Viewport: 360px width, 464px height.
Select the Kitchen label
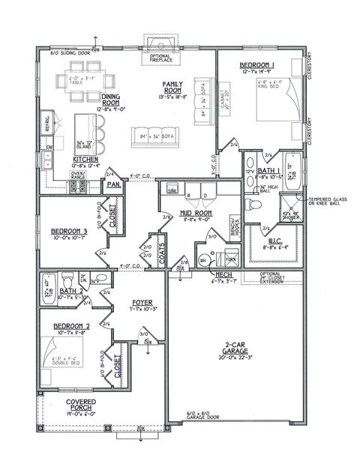pyautogui.click(x=63, y=158)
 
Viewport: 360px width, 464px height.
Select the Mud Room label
pyautogui.click(x=181, y=216)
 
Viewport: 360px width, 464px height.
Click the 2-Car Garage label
pyautogui.click(x=235, y=347)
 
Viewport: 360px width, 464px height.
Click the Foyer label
pyautogui.click(x=143, y=303)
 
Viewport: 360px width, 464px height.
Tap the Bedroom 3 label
pyautogui.click(x=70, y=232)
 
